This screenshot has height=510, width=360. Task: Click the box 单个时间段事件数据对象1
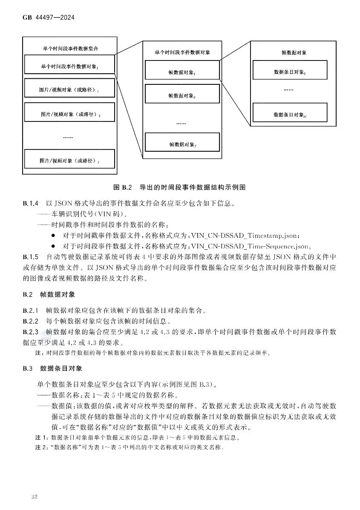tap(69, 66)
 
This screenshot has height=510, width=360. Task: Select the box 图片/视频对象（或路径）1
tap(69, 89)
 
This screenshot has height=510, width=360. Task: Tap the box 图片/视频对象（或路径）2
tap(69, 114)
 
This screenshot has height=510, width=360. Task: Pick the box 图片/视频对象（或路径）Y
tap(69, 161)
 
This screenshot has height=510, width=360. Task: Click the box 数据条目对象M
tap(290, 114)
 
